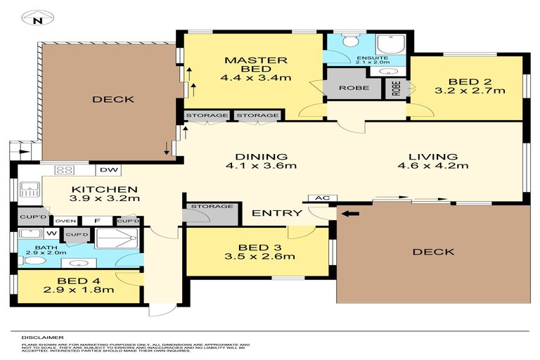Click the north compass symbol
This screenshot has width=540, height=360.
click(x=38, y=18)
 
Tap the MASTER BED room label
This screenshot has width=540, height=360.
click(x=255, y=65)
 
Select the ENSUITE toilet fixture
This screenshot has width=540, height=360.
click(x=351, y=40)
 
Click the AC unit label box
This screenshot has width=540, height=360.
click(x=322, y=198)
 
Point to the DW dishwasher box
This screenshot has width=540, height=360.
click(x=109, y=170)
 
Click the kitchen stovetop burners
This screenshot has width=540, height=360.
click(x=65, y=170)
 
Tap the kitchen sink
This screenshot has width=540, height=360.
click(x=30, y=188)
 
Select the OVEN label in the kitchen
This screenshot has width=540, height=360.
click(x=65, y=221)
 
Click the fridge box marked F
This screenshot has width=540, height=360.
click(x=97, y=221)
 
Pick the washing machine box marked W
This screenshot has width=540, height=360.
click(x=51, y=233)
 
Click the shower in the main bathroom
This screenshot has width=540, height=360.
click(x=117, y=238)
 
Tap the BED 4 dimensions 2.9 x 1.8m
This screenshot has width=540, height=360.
click(x=79, y=290)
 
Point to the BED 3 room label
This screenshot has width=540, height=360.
click(x=259, y=247)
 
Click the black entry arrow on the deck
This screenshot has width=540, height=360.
click(x=350, y=214)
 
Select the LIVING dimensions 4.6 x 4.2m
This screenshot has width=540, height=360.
click(x=433, y=166)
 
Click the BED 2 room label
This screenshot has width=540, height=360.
click(x=470, y=82)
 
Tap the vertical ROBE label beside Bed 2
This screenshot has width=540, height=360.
click(x=396, y=88)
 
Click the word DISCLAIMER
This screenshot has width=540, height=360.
click(x=43, y=337)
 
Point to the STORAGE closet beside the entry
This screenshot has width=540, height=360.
click(x=210, y=214)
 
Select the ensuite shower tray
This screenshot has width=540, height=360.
click(x=391, y=44)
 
